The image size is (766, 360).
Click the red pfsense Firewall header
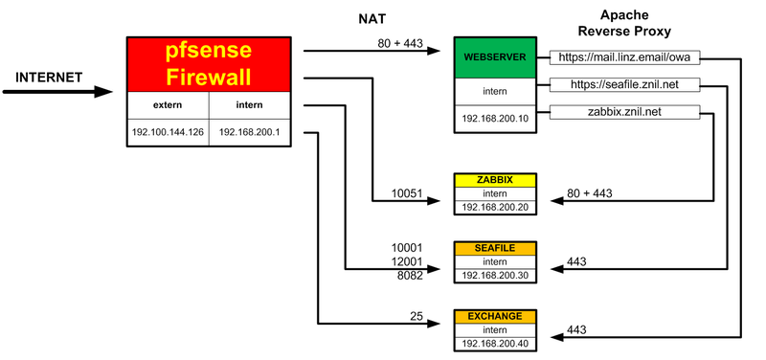click(x=210, y=64)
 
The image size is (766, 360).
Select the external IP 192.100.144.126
click(x=168, y=132)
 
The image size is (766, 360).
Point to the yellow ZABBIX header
click(x=495, y=180)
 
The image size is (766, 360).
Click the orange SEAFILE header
click(x=495, y=248)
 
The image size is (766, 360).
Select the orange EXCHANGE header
click(x=495, y=315)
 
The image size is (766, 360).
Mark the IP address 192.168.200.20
click(x=495, y=206)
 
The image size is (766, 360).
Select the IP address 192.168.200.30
click(x=495, y=275)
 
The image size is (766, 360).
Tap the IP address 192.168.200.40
click(x=495, y=342)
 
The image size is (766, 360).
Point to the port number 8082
click(x=409, y=275)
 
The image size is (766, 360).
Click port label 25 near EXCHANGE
click(x=417, y=315)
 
